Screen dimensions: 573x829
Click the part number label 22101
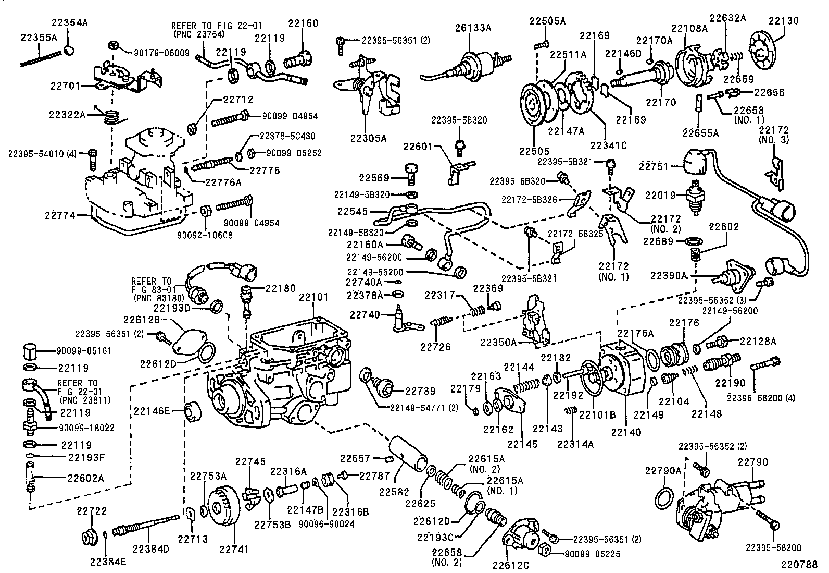tap(313, 298)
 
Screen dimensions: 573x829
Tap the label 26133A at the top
tap(473, 28)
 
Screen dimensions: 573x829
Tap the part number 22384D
tap(150, 549)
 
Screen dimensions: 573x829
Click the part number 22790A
tap(663, 471)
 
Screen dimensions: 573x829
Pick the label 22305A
tap(368, 138)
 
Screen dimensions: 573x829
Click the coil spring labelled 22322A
tap(109, 116)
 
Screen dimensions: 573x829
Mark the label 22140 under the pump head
tap(626, 432)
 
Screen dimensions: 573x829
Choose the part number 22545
tap(352, 211)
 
